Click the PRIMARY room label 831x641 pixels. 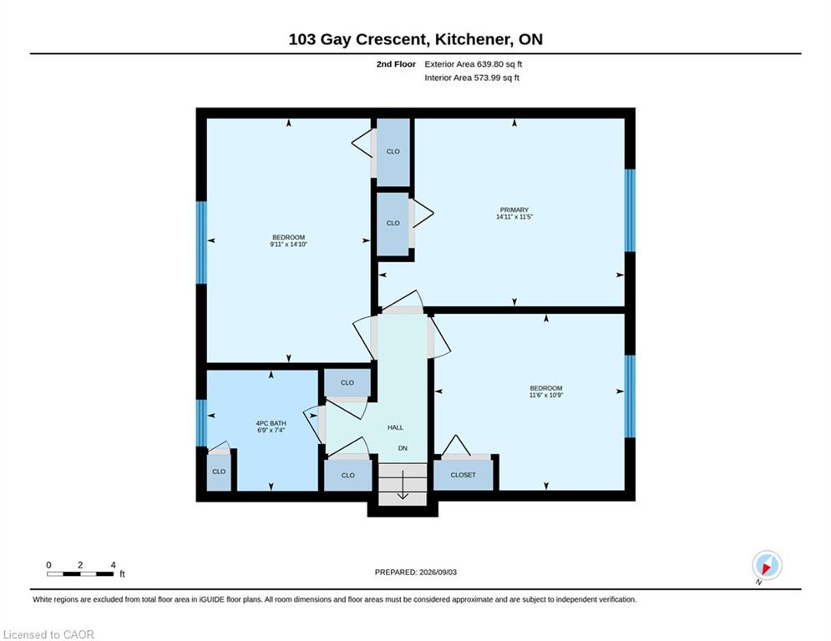[514, 209]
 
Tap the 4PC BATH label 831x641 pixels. [271, 423]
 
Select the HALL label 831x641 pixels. [395, 427]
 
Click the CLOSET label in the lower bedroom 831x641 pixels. [464, 475]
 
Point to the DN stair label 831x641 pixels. [403, 448]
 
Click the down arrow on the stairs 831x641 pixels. [403, 486]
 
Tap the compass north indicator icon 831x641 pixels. [767, 566]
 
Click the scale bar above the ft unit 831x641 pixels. [80, 573]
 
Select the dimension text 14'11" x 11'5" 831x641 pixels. [514, 217]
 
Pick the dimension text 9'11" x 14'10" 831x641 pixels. [289, 245]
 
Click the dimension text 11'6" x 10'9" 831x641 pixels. [546, 395]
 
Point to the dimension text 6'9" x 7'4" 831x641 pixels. [271, 430]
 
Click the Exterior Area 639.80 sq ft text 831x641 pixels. [474, 64]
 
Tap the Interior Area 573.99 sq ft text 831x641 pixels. [472, 78]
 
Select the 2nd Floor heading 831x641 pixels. [396, 64]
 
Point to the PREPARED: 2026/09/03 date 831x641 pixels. [416, 572]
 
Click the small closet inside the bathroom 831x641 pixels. [219, 472]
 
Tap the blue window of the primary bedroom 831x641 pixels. [630, 210]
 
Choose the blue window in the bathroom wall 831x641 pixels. [201, 422]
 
